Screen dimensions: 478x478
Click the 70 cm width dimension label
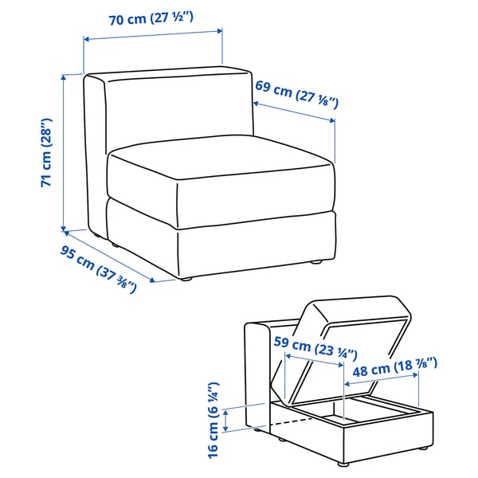click(x=154, y=19)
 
